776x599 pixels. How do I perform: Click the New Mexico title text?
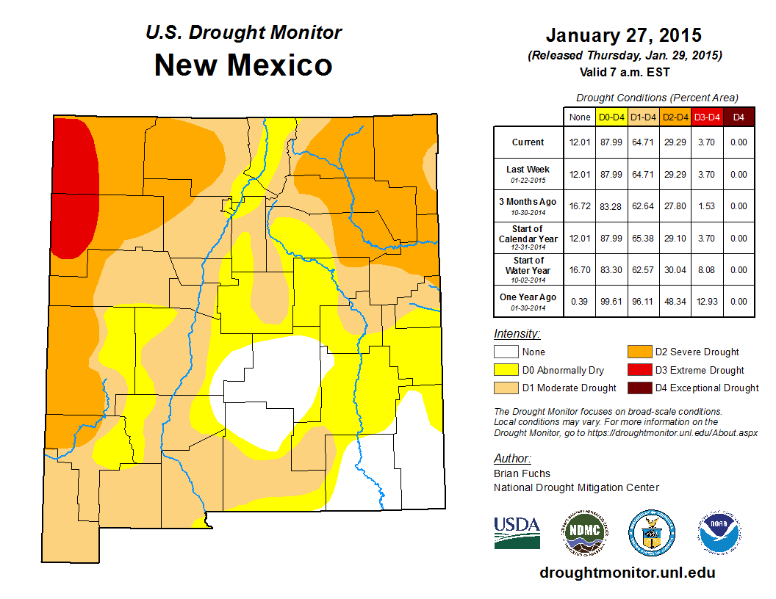point(243,65)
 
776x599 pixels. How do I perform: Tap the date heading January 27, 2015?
point(624,35)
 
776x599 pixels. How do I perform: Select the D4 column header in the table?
point(739,117)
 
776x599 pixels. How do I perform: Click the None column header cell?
point(579,117)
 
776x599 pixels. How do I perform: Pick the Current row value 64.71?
point(643,142)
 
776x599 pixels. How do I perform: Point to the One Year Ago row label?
point(528,297)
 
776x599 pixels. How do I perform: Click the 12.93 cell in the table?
point(707,302)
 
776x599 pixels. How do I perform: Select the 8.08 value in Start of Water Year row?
point(707,270)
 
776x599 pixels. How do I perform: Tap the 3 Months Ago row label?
point(528,201)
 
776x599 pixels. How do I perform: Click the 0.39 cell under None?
point(579,302)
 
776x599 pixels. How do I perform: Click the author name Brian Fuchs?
point(522,473)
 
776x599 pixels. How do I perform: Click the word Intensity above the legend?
point(517,334)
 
